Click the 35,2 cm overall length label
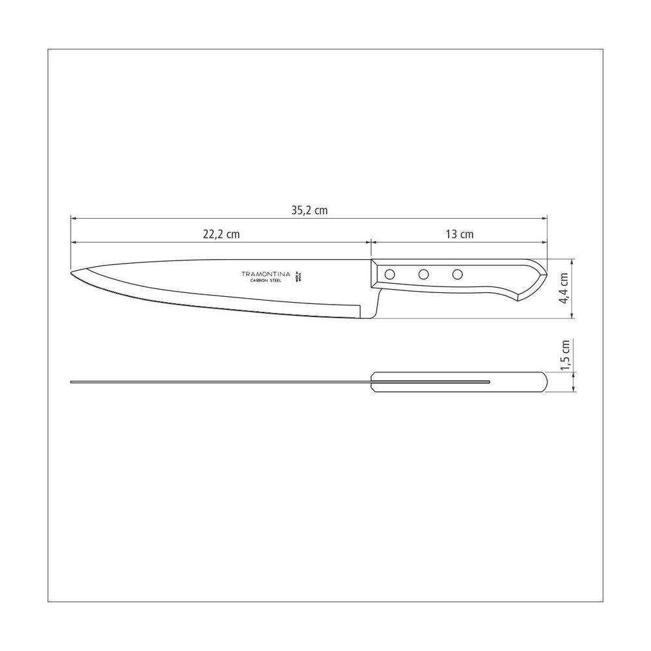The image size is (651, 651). tap(309, 210)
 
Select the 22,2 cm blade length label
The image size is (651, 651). tap(217, 234)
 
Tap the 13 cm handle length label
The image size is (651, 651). tap(460, 234)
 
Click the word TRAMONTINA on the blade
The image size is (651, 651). tap(267, 273)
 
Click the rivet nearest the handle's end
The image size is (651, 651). tap(458, 274)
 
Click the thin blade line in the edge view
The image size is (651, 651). tap(215, 382)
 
